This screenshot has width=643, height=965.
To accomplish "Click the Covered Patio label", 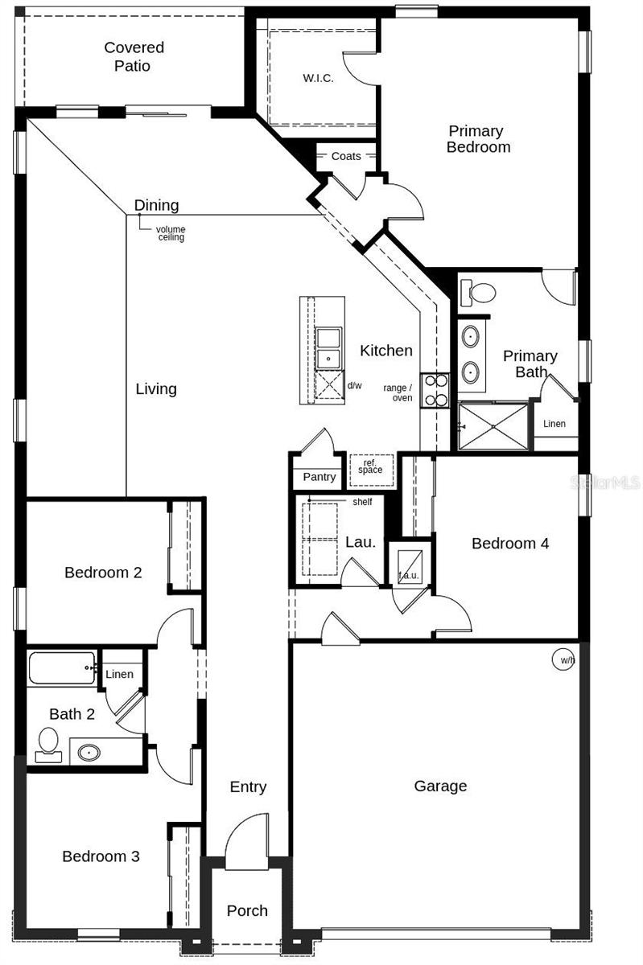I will click(134, 57).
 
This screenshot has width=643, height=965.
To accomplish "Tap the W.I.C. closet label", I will click(318, 78).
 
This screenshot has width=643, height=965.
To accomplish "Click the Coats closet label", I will click(346, 156).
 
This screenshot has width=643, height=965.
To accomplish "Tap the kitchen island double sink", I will click(328, 347).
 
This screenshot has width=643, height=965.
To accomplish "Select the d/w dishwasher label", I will click(355, 385).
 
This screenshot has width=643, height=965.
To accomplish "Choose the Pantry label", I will click(319, 477).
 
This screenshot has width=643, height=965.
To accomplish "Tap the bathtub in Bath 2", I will click(62, 668).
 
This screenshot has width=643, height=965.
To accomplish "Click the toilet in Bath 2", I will click(48, 744).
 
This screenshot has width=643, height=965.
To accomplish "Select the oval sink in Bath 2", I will click(89, 754).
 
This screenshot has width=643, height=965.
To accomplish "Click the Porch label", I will click(247, 910).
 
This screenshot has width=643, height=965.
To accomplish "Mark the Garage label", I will click(440, 786).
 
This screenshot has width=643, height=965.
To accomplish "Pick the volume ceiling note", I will click(171, 233).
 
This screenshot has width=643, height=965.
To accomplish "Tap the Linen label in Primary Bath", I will click(554, 424).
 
